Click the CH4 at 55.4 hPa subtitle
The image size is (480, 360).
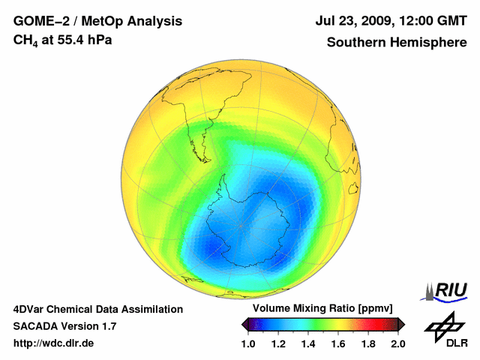pyautogui.click(x=63, y=40)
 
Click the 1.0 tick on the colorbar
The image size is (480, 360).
pyautogui.click(x=249, y=343)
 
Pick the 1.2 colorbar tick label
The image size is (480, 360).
pyautogui.click(x=279, y=343)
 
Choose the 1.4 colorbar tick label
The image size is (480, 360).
pyautogui.click(x=308, y=343)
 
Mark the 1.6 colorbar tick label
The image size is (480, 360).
pyautogui.click(x=338, y=343)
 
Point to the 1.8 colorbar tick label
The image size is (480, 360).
pyautogui.click(x=367, y=343)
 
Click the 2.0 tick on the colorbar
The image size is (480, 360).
pyautogui.click(x=397, y=343)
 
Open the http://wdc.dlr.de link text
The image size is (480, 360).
pyautogui.click(x=54, y=343)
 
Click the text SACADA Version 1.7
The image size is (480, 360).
pyautogui.click(x=64, y=326)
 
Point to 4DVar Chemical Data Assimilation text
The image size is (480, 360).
pyautogui.click(x=97, y=309)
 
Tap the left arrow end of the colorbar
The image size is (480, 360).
pyautogui.click(x=245, y=324)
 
